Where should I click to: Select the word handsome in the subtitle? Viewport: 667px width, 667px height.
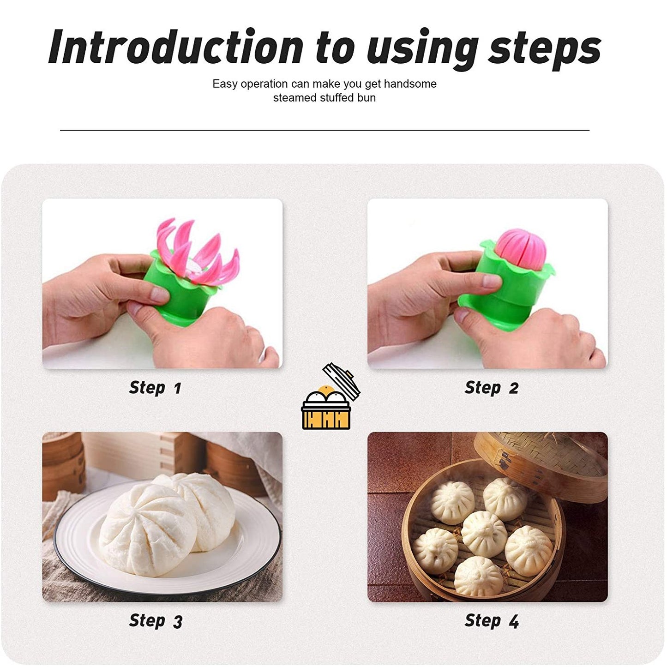tap(410, 84)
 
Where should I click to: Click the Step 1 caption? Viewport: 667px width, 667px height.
tap(155, 388)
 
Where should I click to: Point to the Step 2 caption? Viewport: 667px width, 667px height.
tap(491, 388)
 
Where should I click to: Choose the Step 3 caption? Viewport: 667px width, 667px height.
tap(156, 621)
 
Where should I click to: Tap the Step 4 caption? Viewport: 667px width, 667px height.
tap(492, 621)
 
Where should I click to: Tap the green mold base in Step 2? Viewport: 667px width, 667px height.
tap(503, 295)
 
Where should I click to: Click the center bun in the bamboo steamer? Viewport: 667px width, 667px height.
tap(484, 533)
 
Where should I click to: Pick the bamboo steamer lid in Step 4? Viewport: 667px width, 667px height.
tap(549, 462)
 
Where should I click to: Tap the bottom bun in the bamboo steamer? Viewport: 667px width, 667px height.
tap(478, 576)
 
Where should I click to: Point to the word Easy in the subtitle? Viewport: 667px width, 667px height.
tap(225, 84)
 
